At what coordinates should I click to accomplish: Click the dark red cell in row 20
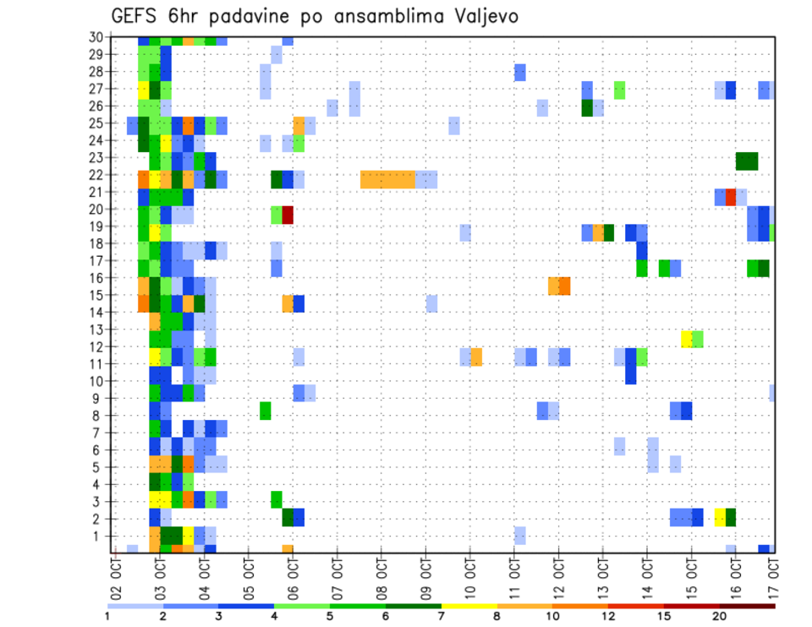point(288,215)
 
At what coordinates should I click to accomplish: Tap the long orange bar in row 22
point(387,179)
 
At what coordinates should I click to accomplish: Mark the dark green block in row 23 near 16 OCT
point(747,161)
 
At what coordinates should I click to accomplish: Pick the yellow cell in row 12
point(687,339)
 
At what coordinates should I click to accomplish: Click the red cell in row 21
point(731,197)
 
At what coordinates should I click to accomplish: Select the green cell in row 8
point(266,411)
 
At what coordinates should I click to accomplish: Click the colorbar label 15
point(664,616)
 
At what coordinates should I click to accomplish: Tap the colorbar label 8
point(497,616)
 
